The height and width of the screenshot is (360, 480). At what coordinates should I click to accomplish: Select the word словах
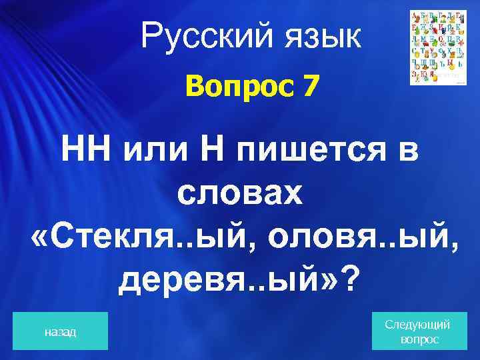pos(239,194)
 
